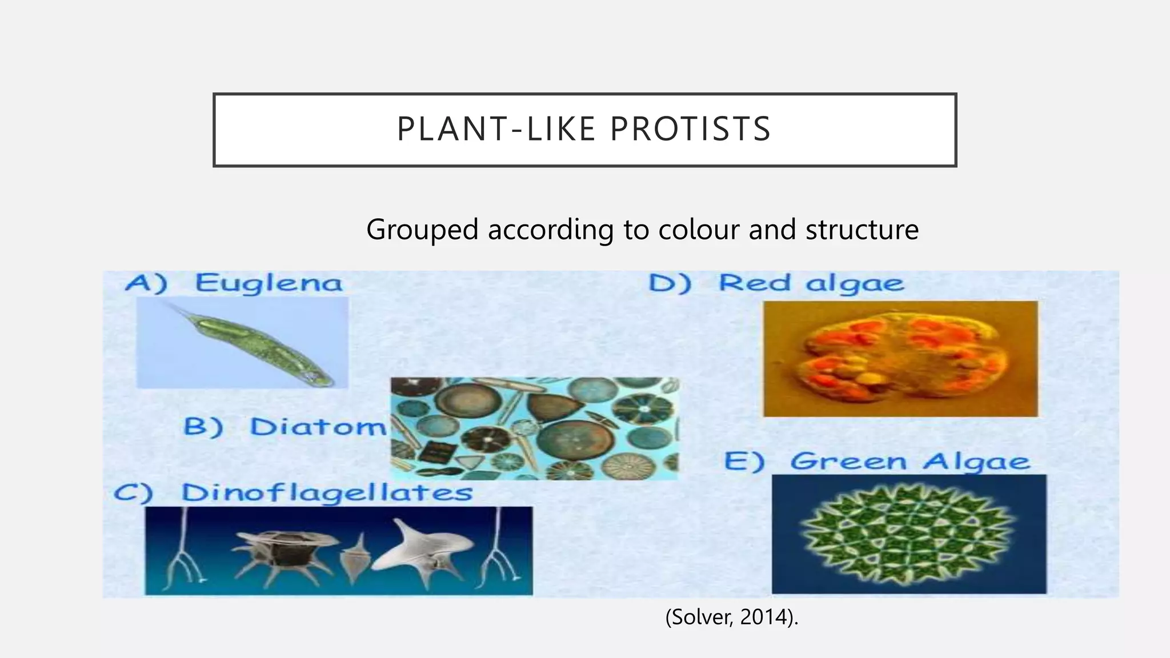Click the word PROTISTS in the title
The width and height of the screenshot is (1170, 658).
tap(691, 129)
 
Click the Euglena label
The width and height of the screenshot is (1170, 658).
tap(269, 283)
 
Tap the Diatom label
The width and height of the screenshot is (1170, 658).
tap(318, 427)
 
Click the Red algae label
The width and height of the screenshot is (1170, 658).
tap(811, 283)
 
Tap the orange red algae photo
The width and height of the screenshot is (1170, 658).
tap(900, 359)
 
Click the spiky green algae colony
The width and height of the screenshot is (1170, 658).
tap(908, 533)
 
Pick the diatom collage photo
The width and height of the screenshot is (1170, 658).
tap(534, 428)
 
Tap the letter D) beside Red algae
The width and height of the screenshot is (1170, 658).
tap(670, 283)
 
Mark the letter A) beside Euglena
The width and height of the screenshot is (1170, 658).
tap(146, 283)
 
